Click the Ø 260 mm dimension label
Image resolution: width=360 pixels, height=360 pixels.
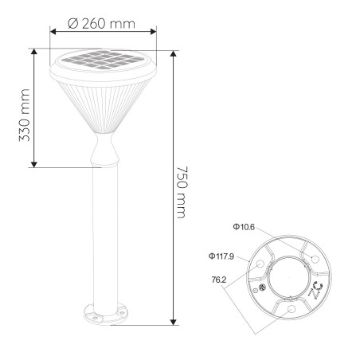pos(101,24)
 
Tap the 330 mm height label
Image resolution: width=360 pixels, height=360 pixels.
pos(25,115)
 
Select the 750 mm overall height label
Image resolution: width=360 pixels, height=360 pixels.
pos(182,192)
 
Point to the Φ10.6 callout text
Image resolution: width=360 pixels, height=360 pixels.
pos(244,227)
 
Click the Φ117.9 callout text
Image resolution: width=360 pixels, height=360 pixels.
pos(221,256)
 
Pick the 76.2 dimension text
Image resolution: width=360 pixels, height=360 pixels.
pos(219,280)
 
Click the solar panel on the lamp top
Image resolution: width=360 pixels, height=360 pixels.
pos(102,60)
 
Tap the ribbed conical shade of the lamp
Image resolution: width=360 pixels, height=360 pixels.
pos(104,107)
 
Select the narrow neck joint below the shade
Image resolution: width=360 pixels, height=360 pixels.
pos(104,150)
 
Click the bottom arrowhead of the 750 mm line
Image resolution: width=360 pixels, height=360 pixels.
pos(174,322)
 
